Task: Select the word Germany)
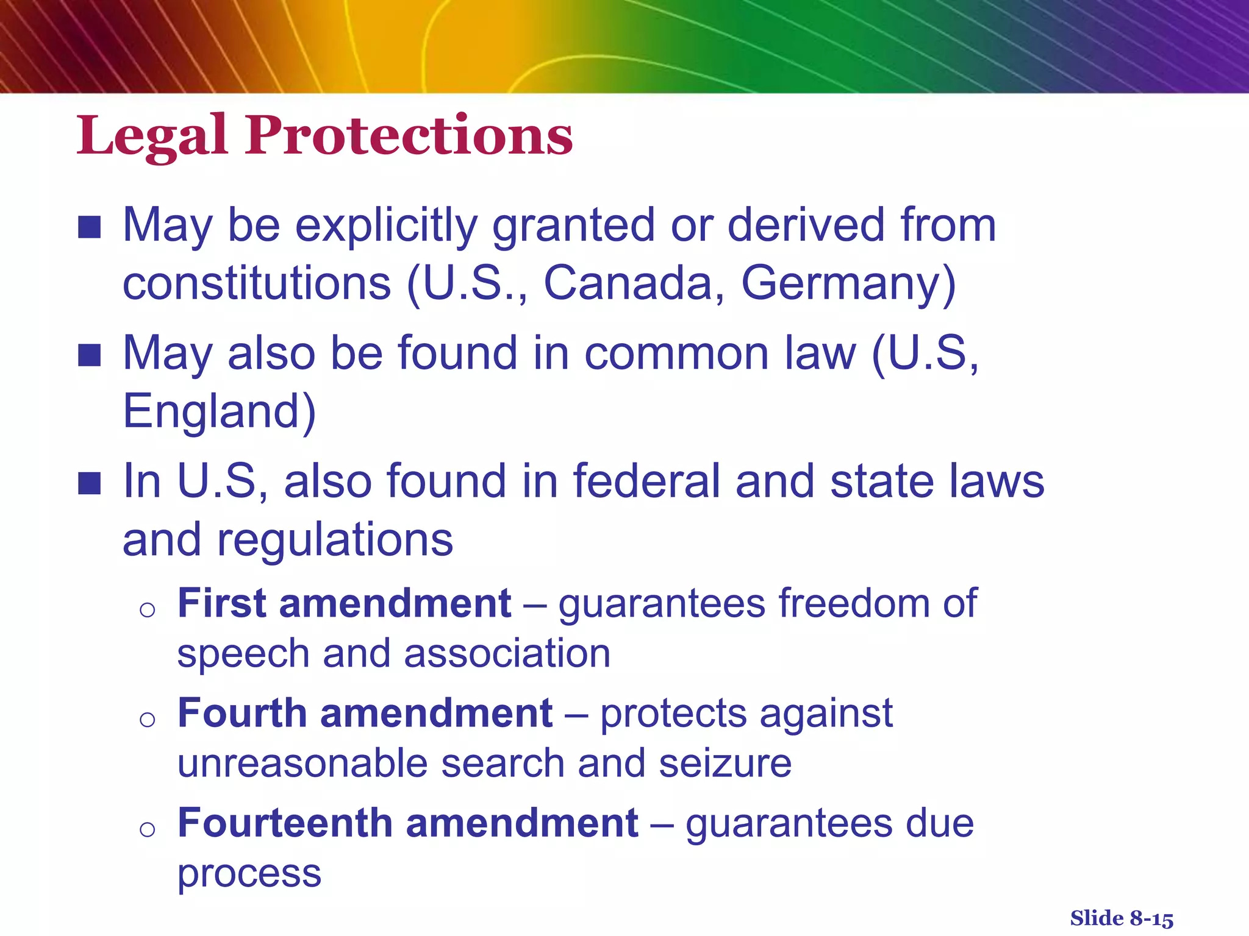pos(848,284)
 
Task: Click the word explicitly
pos(387,225)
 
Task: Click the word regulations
pos(335,540)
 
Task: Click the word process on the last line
pos(249,874)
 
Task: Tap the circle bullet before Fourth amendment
pos(147,720)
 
